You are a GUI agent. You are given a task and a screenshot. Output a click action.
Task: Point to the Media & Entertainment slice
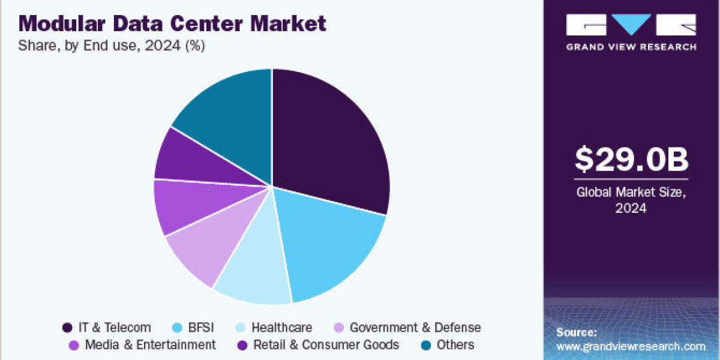click(x=180, y=207)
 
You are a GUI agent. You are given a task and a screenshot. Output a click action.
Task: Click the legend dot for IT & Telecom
click(x=68, y=328)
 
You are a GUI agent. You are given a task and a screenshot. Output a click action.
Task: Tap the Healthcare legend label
click(x=281, y=328)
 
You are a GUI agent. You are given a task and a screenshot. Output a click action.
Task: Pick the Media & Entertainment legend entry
click(x=150, y=345)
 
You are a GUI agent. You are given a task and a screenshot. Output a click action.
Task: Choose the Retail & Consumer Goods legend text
click(x=326, y=345)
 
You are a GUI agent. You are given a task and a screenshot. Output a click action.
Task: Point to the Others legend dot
click(x=425, y=345)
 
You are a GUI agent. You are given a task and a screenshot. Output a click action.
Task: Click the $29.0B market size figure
click(x=632, y=159)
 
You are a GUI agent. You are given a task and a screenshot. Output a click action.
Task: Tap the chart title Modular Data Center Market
click(x=173, y=24)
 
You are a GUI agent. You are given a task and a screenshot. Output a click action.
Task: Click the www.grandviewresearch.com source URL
click(x=631, y=346)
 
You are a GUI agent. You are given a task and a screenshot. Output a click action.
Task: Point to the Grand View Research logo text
click(x=631, y=47)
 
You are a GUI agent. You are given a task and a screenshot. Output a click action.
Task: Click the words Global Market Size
click(x=632, y=193)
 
